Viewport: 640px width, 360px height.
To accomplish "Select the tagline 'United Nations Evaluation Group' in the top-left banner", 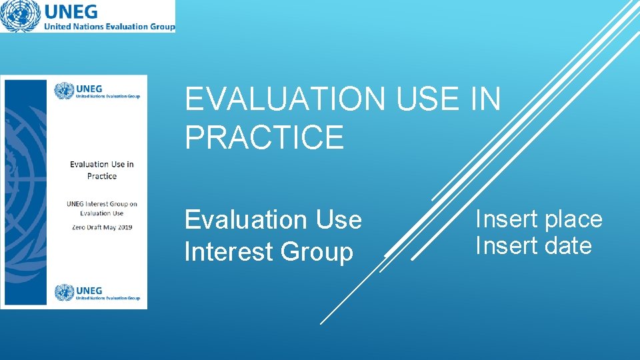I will pos(109,27).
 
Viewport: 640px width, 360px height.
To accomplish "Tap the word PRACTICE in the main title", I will pos(264,137).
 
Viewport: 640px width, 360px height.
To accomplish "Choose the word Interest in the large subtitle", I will pos(229,252).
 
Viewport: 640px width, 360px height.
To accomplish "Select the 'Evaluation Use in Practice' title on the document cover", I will pos(102,170).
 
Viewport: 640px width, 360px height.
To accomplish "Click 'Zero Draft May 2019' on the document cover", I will pos(102,227).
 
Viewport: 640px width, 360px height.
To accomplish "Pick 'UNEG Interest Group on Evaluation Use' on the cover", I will pos(102,208).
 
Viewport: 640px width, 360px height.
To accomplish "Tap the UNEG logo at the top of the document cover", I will pos(97,91).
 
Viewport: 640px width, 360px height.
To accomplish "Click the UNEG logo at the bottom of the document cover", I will pos(97,293).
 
